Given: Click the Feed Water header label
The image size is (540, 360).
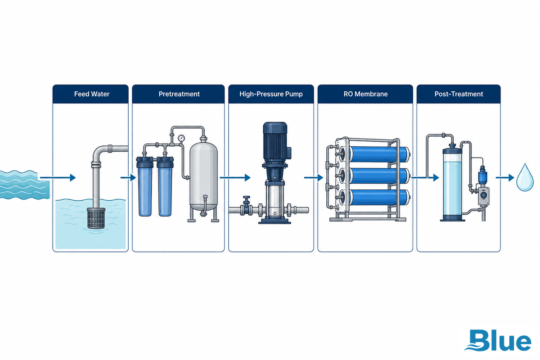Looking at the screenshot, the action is pos(92,94).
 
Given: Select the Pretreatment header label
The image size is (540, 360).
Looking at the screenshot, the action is pos(179,94).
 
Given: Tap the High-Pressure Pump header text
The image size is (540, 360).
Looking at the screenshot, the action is pos(271,94).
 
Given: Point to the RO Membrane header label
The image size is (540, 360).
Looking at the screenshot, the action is pos(365,94).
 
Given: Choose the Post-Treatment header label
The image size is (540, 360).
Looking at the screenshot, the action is pos(459,94).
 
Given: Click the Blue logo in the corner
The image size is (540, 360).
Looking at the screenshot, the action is pos(498,340).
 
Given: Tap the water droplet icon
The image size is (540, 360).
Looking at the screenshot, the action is pos(525,177).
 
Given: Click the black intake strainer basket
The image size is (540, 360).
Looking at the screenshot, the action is pos(96,218).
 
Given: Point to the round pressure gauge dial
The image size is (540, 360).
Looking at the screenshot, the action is pos(181,138).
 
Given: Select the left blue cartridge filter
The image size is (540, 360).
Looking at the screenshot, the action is pos(144,186).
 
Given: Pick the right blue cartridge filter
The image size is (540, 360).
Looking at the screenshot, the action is pos(165,186).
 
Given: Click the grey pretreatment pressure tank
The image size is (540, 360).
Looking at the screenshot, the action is pos(203,176).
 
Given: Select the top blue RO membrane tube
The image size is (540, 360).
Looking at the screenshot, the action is pos(379,154).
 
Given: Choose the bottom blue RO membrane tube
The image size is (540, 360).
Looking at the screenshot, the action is pos(379,197).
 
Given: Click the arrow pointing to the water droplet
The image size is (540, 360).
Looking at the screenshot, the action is pos(505,178).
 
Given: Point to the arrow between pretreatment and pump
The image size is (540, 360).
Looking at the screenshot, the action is pos(235,178).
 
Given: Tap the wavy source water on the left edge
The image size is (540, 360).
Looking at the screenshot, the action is pos(24,184).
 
